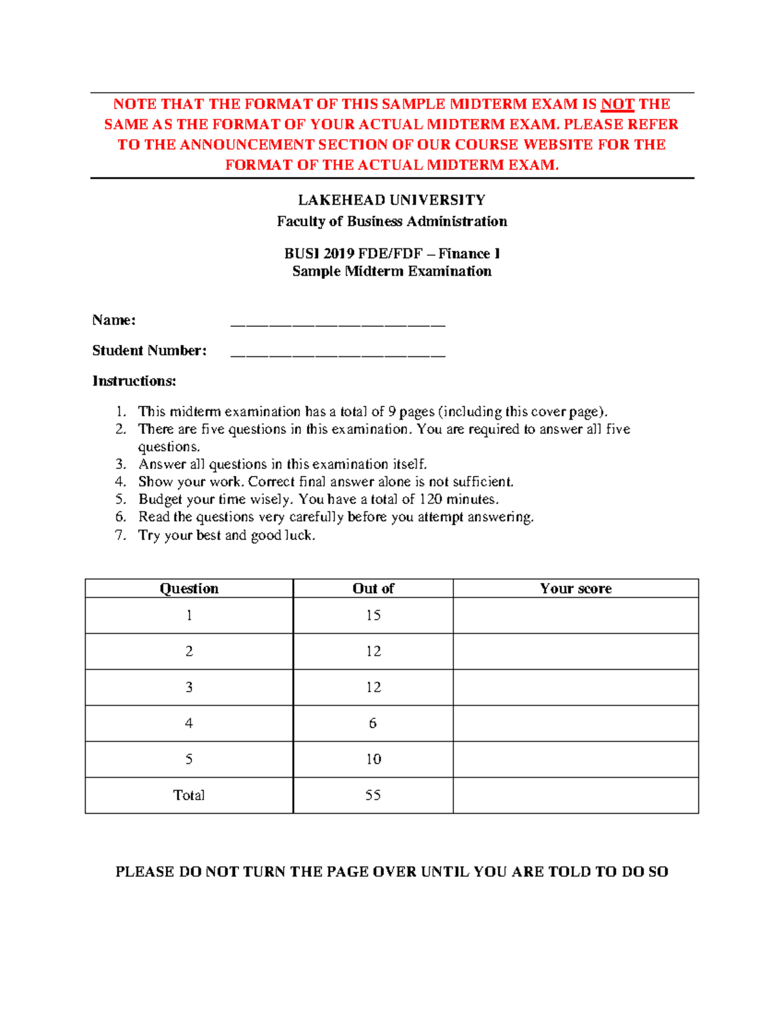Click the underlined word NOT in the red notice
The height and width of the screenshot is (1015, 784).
point(617,104)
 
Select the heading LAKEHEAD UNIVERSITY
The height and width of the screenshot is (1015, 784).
point(391,200)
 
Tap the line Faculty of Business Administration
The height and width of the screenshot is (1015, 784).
point(391,222)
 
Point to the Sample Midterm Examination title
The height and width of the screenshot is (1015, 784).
point(391,271)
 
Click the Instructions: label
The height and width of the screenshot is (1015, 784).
point(134,381)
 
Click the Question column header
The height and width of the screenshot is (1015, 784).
point(189,588)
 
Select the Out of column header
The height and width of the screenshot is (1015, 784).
point(373,588)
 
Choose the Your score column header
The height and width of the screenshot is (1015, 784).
point(576,588)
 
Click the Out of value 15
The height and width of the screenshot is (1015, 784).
point(373,615)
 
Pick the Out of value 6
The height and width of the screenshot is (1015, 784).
point(373,723)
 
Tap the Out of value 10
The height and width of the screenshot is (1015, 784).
point(373,759)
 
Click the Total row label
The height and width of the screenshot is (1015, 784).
point(189,795)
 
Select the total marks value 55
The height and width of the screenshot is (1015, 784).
point(373,795)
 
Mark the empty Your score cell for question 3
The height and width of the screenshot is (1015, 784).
point(576,687)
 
